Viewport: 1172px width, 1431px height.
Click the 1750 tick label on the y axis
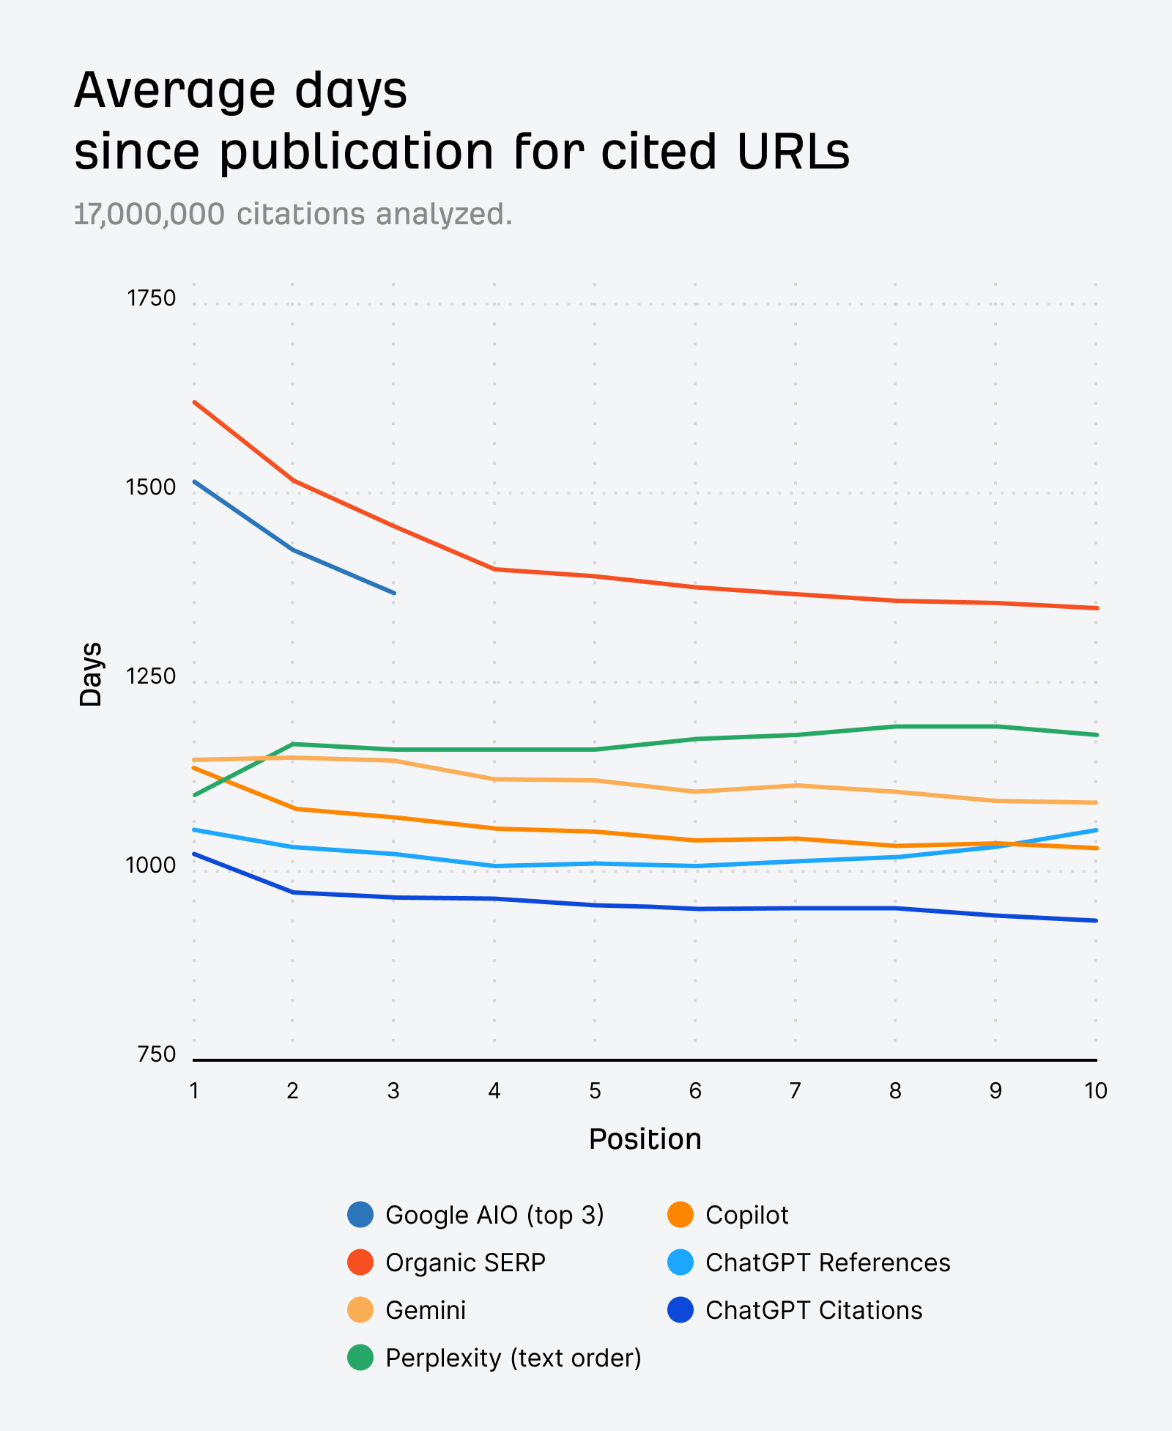tap(151, 298)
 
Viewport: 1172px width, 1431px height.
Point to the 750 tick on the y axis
tap(156, 1054)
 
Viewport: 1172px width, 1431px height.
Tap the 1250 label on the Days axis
tap(151, 676)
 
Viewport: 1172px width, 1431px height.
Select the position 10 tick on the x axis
tap(1096, 1091)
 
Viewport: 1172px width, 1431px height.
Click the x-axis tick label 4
tap(494, 1091)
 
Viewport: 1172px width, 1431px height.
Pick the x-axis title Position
tap(645, 1139)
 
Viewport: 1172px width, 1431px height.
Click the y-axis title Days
tap(91, 674)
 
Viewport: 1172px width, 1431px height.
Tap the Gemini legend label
tap(426, 1310)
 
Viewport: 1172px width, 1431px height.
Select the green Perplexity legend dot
tap(360, 1358)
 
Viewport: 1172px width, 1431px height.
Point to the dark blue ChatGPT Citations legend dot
tap(680, 1310)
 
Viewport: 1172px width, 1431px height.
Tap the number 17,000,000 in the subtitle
tap(149, 215)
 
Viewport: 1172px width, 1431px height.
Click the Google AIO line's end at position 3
tap(394, 593)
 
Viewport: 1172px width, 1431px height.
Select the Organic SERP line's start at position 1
tap(194, 402)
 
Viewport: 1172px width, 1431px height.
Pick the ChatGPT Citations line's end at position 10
tap(1096, 920)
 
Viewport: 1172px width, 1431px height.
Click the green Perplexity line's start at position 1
tap(194, 795)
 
